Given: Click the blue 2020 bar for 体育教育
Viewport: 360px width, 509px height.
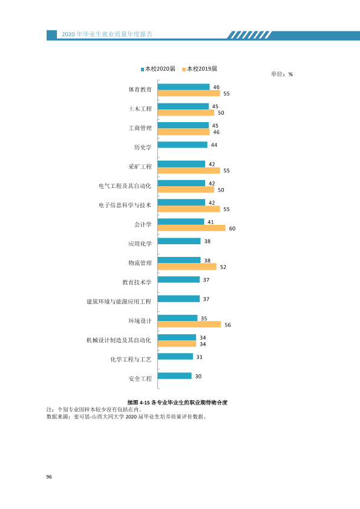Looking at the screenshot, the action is [183, 87].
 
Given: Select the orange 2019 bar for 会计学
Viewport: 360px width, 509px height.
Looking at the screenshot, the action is [192, 229].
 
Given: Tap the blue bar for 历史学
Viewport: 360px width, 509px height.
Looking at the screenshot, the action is [183, 144].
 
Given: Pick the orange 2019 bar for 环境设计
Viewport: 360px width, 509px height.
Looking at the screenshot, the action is [189, 325].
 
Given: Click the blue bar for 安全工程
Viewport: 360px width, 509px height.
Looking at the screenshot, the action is [175, 376].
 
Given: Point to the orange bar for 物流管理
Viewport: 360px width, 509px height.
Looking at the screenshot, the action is [187, 267].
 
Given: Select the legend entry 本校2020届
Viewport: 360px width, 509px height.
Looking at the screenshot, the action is [158, 69].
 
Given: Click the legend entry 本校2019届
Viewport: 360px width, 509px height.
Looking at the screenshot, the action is [200, 69].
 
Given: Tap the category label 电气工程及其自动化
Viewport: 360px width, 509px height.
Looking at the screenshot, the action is [125, 186].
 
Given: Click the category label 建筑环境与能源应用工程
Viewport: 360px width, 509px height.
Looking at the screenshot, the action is [119, 302].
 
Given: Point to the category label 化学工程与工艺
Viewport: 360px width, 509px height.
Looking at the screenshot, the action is [131, 359].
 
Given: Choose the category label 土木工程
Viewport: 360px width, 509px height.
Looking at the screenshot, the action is [140, 109].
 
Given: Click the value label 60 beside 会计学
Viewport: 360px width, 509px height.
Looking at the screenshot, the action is [232, 229].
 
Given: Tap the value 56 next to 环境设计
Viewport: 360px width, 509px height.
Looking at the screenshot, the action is [227, 325].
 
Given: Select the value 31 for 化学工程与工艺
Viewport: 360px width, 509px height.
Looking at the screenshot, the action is [200, 357].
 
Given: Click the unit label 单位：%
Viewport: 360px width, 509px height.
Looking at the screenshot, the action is [282, 74].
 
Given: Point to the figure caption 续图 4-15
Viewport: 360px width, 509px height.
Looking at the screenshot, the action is [177, 403].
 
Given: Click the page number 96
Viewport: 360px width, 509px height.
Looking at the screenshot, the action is [49, 477].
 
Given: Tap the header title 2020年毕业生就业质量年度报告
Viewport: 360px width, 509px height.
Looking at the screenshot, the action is [107, 34].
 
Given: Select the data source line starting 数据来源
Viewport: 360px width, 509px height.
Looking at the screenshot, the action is [126, 417].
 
